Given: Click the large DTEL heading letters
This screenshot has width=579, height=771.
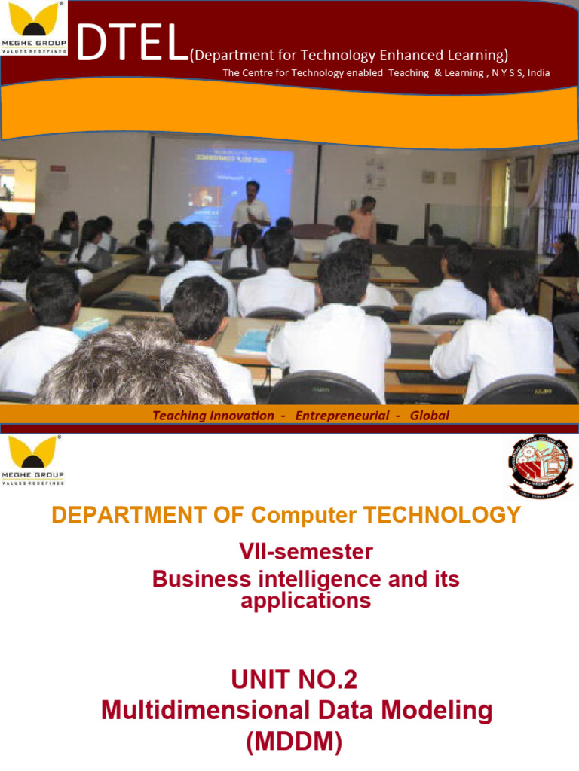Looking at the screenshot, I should [131, 43].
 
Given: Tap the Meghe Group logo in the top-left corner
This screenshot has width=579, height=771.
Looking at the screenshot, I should [33, 29].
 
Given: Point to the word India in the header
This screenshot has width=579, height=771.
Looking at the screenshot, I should [538, 73].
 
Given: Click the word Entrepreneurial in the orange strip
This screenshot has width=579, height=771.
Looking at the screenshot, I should [342, 416].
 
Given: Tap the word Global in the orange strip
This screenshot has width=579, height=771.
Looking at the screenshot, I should [429, 416].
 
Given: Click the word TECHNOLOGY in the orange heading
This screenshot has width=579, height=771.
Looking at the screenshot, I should [442, 515].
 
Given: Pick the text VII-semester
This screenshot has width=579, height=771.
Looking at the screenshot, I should [305, 552].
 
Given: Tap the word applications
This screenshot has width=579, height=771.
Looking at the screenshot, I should [305, 601].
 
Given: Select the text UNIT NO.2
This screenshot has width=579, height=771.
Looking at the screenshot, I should [294, 681].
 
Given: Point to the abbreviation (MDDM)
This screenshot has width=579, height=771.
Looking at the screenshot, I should [294, 743].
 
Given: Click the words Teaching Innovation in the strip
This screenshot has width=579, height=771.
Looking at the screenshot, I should [213, 416].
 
